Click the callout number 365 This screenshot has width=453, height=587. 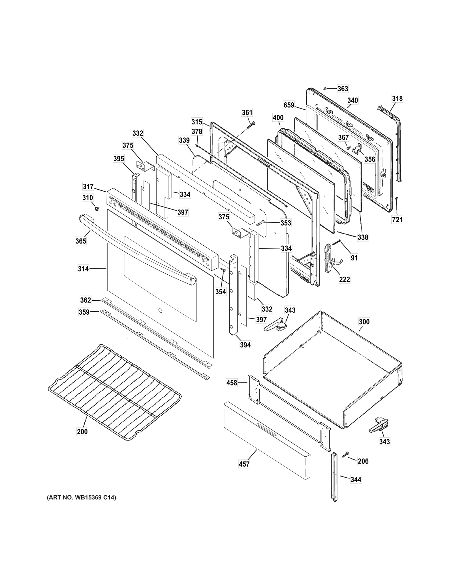(x=81, y=241)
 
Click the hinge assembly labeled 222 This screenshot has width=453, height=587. (x=330, y=258)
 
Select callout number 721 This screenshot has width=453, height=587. (x=397, y=219)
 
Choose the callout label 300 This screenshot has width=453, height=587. (x=364, y=322)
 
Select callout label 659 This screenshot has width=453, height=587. (x=289, y=105)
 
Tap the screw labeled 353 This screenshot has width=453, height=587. (x=261, y=223)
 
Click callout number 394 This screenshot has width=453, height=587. (x=245, y=345)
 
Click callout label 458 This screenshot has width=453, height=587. (x=232, y=383)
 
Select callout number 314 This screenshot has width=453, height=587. (x=83, y=269)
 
